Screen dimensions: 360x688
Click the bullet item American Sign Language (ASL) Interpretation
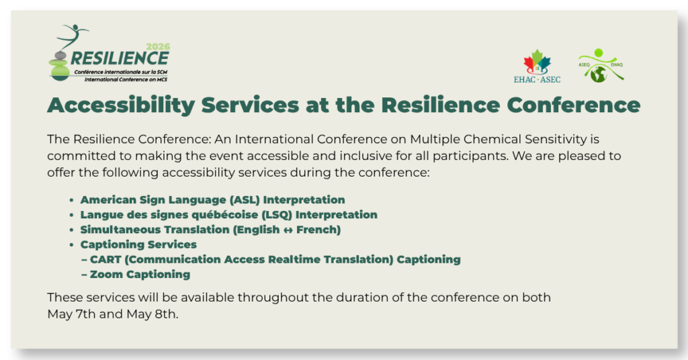coord(212,199)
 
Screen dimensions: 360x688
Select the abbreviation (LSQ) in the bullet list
coord(275,215)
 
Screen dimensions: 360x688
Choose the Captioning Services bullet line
coord(138,244)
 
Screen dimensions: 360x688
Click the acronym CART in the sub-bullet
coord(105,259)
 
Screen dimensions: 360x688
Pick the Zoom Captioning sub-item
coord(140,274)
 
